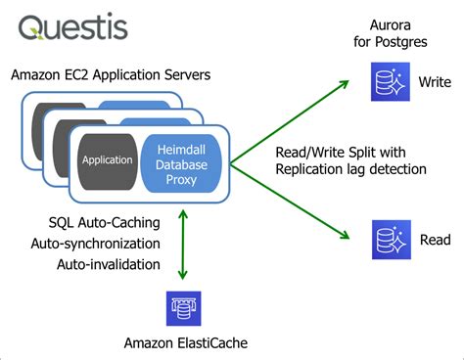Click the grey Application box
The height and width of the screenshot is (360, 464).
[108, 158]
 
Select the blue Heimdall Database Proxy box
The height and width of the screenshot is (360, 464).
[183, 158]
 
